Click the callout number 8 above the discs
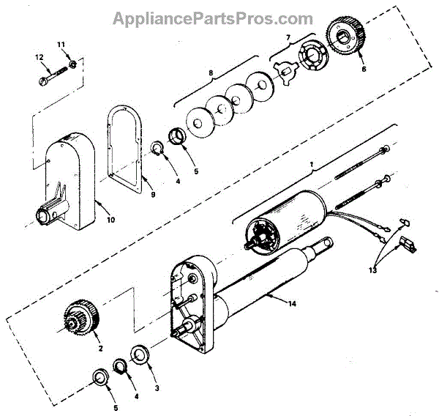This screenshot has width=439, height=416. [211, 73]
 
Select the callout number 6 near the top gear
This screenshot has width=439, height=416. [364, 70]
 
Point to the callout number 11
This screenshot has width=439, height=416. [61, 45]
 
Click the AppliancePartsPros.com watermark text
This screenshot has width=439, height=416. [213, 18]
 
